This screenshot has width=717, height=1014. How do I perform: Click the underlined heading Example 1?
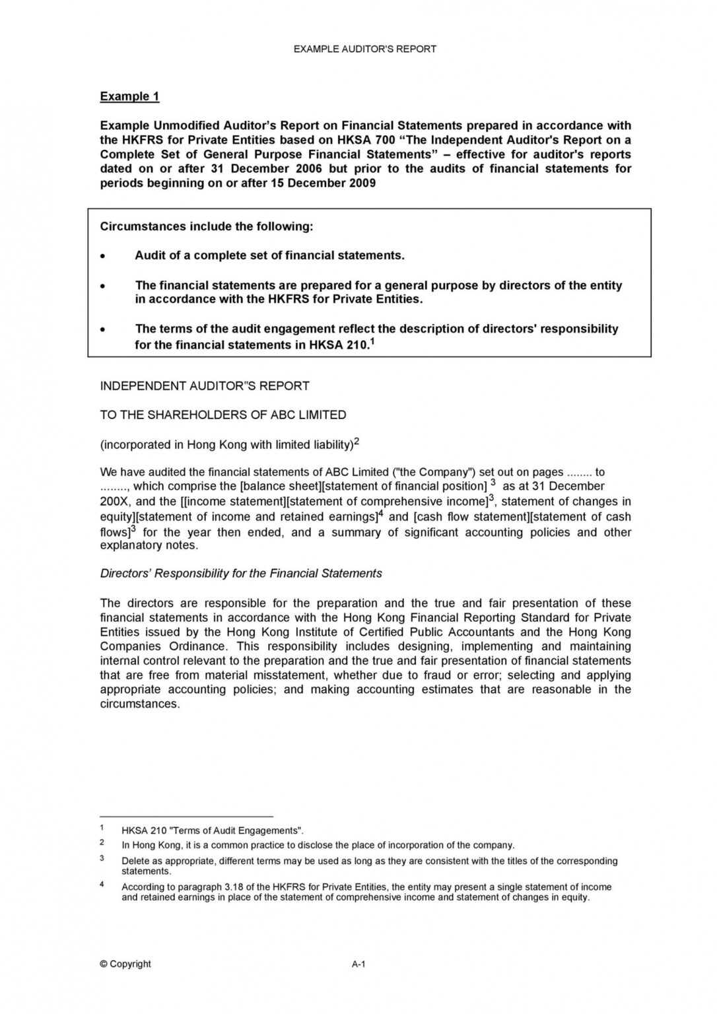pyautogui.click(x=129, y=96)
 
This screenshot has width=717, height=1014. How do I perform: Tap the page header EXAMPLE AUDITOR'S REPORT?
pyautogui.click(x=364, y=49)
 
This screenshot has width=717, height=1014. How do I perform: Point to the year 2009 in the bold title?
pyautogui.click(x=362, y=183)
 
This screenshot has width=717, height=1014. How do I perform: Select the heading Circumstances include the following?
pyautogui.click(x=206, y=226)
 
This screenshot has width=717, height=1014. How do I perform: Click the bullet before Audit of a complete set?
pyautogui.click(x=102, y=256)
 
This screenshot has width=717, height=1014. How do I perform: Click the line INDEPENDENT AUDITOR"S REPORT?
pyautogui.click(x=205, y=386)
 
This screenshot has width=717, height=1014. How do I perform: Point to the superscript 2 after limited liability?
pyautogui.click(x=357, y=442)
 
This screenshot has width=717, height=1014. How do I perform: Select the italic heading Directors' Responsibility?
pyautogui.click(x=241, y=573)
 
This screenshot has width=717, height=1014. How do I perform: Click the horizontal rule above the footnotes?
pyautogui.click(x=186, y=816)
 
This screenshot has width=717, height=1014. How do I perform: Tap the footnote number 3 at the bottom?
pyautogui.click(x=102, y=858)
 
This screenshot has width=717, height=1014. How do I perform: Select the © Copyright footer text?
pyautogui.click(x=125, y=964)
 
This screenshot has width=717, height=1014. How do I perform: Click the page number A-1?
pyautogui.click(x=358, y=964)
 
